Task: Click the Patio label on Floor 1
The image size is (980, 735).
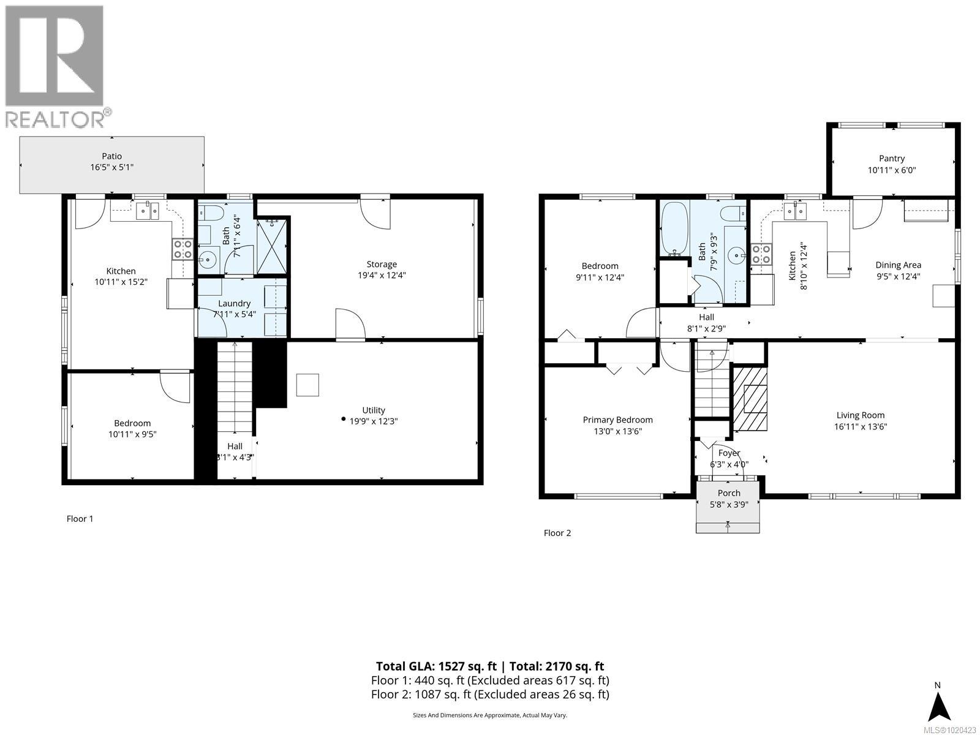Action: coord(111,156)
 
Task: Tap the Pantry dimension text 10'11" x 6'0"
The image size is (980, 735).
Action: coord(891,170)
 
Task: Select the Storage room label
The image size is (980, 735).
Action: coord(382,264)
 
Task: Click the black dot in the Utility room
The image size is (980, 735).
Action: coord(343,419)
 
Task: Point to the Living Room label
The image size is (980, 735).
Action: coord(860,415)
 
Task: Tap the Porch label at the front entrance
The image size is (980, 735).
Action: coord(728,493)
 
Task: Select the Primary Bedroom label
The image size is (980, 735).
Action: coord(617,420)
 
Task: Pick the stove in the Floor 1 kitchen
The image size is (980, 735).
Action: coord(183,249)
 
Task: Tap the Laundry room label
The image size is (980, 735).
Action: coord(234,303)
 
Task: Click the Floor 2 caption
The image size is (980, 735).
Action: coord(557,533)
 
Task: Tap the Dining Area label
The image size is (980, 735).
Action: coord(898,265)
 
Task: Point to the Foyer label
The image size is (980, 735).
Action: coord(729,453)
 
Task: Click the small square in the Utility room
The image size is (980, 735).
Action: coord(307,385)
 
